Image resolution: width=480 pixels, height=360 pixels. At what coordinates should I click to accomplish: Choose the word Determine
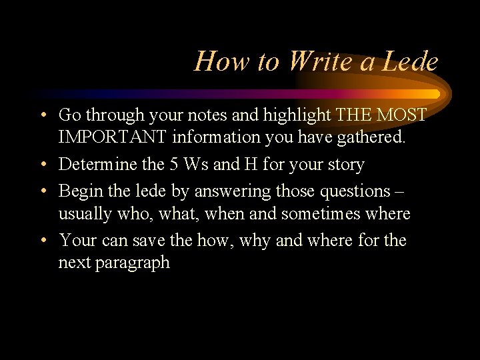[97, 164]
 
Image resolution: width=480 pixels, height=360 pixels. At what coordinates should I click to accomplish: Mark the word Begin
[79, 191]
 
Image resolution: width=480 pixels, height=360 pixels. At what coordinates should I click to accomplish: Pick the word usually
[83, 215]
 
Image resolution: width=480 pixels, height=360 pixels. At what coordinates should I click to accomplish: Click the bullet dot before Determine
[42, 165]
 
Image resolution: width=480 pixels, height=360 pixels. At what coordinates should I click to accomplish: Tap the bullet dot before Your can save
[42, 240]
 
